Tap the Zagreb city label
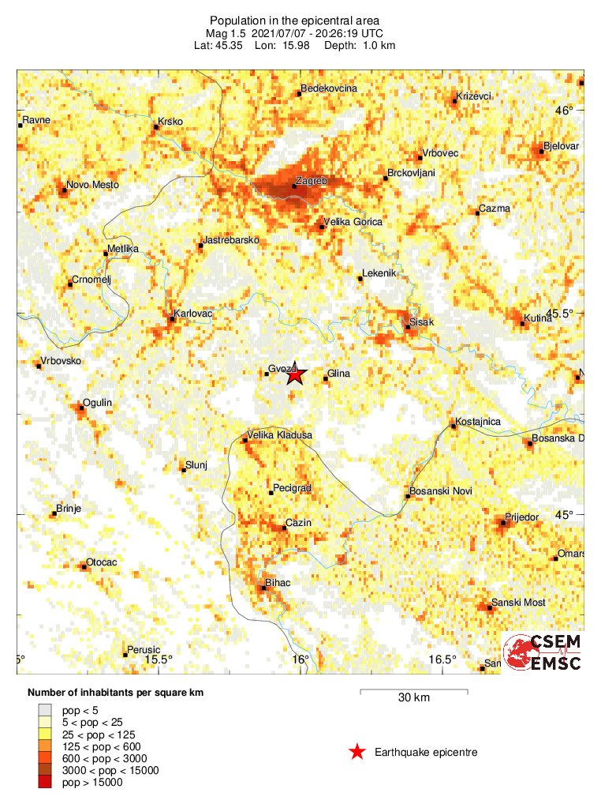pos(310,181)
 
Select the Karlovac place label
pos(194,314)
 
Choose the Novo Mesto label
pos(93,185)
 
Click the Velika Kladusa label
pos(280,435)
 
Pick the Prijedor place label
pos(521,517)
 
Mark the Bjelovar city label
pos(561,147)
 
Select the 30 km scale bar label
pos(413,697)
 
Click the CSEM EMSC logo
pos(543,652)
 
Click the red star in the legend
pos(357,752)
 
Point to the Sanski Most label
pos(518,603)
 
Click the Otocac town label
pos(102,562)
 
